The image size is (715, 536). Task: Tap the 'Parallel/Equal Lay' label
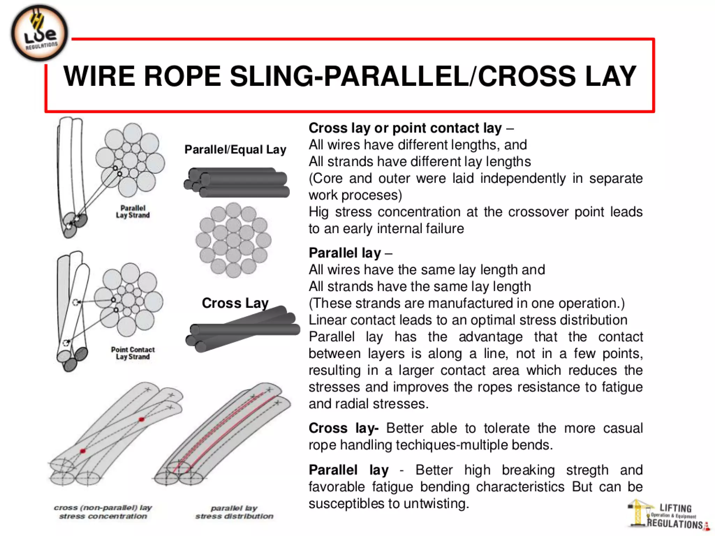[235, 150]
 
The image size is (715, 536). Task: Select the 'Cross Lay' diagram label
[235, 303]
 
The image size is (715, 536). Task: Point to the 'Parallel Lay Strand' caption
[133, 212]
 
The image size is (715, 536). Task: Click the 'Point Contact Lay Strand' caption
[133, 353]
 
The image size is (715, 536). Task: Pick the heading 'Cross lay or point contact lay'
[405, 128]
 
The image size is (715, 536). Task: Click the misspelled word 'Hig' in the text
[318, 212]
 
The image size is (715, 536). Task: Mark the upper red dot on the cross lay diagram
[141, 419]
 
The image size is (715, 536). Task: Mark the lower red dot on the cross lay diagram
[83, 451]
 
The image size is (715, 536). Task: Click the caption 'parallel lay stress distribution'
[234, 512]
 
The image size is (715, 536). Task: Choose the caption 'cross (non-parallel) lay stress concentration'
[103, 512]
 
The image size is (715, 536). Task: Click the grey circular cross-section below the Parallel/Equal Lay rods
[233, 240]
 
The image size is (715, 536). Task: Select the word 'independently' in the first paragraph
[523, 178]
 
